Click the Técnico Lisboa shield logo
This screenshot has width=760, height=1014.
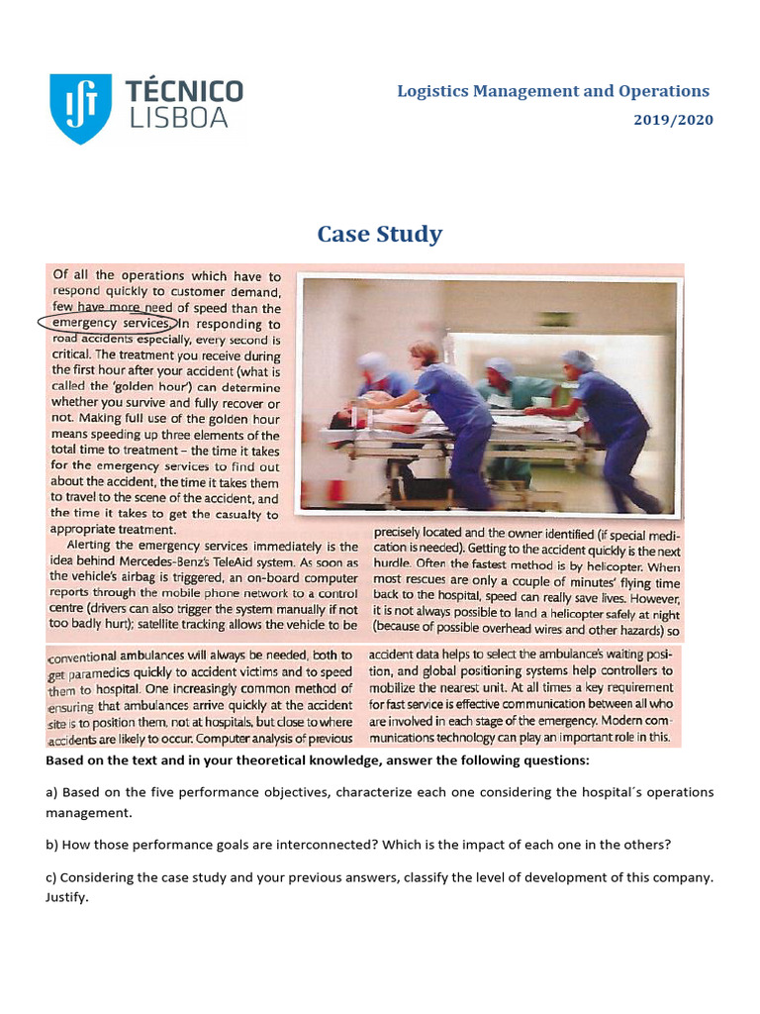[x=80, y=108]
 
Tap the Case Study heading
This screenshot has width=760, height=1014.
[x=379, y=235]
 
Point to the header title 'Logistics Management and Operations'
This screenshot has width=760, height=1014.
[x=553, y=91]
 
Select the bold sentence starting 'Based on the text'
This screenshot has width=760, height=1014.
[x=317, y=760]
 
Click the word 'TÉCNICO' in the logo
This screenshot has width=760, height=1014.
[x=185, y=92]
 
